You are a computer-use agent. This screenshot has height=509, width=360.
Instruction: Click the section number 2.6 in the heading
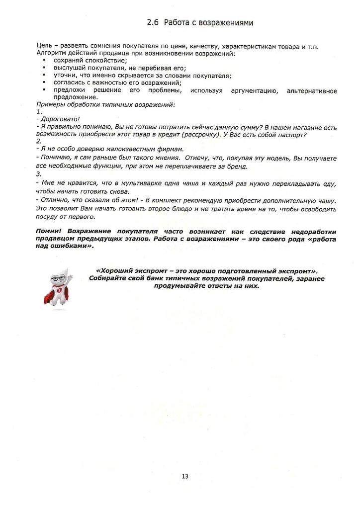point(152,23)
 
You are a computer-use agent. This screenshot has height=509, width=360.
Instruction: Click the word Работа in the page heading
point(175,23)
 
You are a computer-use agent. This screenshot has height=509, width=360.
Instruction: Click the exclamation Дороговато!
point(60,119)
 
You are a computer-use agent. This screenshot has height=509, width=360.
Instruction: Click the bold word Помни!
point(50,232)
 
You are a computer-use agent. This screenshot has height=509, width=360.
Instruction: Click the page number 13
point(185,476)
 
